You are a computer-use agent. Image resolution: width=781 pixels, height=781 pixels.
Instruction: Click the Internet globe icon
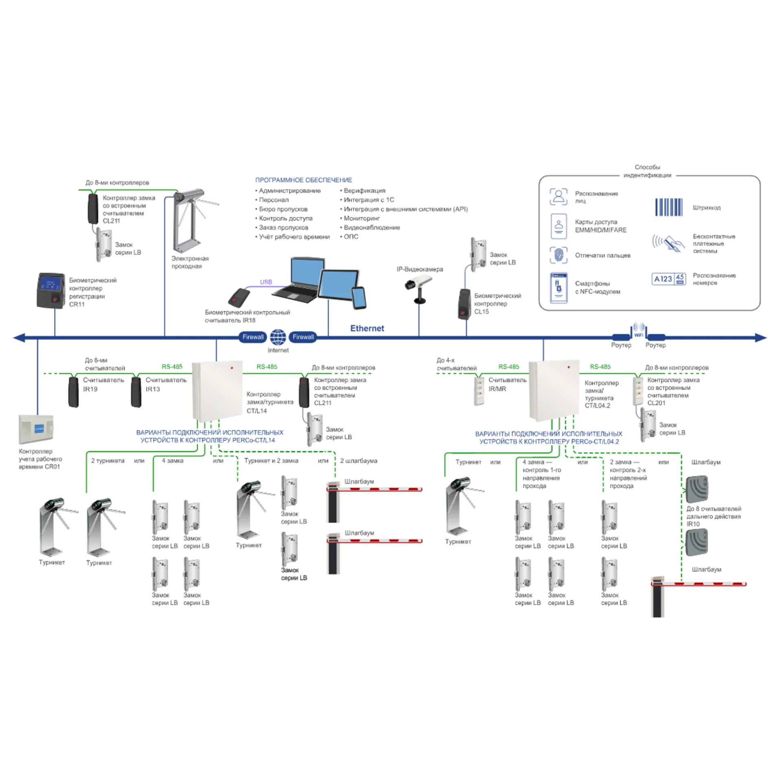pyautogui.click(x=278, y=337)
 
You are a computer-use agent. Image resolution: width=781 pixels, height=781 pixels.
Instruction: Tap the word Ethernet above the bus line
pyautogui.click(x=367, y=328)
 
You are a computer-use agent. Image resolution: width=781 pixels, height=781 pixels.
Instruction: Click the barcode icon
pyautogui.click(x=669, y=207)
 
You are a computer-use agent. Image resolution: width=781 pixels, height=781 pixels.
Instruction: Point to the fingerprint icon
pyautogui.click(x=558, y=255)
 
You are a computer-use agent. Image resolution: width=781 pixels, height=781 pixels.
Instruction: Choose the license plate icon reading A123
pyautogui.click(x=669, y=279)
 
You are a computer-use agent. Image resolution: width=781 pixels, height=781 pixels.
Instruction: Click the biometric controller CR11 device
pyautogui.click(x=51, y=290)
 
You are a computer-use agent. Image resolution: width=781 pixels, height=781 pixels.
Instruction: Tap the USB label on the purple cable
pyautogui.click(x=266, y=282)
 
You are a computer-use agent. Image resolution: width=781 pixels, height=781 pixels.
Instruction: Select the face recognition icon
pyautogui.click(x=558, y=197)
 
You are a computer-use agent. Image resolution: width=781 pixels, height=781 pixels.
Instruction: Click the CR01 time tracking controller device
pyautogui.click(x=36, y=430)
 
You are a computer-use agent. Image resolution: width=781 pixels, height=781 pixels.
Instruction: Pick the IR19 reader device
pyautogui.click(x=74, y=392)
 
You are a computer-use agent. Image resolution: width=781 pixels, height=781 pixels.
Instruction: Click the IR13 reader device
pyautogui.click(x=136, y=392)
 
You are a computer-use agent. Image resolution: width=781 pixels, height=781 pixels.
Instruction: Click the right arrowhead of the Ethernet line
pyautogui.click(x=761, y=338)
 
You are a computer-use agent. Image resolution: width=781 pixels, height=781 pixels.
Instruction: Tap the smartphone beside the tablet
pyautogui.click(x=359, y=298)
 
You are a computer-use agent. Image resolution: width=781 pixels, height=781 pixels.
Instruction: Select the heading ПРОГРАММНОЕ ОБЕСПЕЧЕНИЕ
pyautogui.click(x=303, y=180)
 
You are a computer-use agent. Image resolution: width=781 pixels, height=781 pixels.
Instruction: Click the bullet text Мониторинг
pyautogui.click(x=362, y=218)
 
